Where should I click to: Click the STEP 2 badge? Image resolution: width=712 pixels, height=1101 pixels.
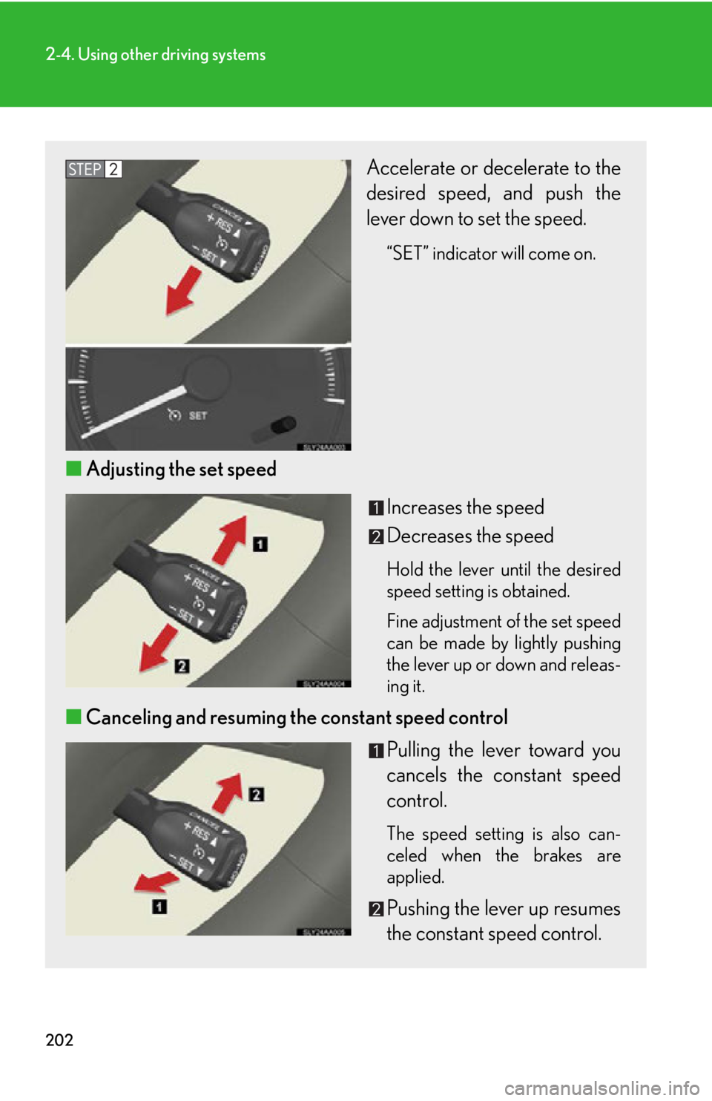[93, 169]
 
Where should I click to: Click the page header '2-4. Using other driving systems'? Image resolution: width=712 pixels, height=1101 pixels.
[155, 54]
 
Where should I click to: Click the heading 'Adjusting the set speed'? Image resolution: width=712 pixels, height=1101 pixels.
[181, 469]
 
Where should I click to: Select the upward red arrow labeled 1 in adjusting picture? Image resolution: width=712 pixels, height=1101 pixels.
[231, 539]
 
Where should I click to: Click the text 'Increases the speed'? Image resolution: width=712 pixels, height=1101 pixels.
[465, 507]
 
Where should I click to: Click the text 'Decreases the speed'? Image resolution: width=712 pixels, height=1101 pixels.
[469, 536]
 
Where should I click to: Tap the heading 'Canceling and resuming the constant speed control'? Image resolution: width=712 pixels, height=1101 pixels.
[297, 717]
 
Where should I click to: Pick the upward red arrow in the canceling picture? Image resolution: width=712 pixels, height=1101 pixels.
[228, 793]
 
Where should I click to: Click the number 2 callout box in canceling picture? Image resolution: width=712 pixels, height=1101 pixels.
[256, 795]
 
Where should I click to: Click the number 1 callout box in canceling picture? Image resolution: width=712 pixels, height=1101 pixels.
[159, 907]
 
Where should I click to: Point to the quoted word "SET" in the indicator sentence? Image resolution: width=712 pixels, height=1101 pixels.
[407, 254]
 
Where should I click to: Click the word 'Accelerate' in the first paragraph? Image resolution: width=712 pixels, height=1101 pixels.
[411, 168]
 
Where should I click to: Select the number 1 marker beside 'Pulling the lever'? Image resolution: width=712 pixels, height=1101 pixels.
[376, 751]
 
